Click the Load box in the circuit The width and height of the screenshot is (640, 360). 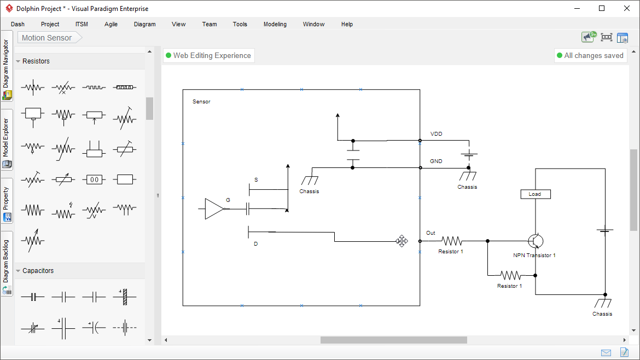(x=535, y=194)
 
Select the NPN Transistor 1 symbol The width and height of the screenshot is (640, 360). (x=536, y=241)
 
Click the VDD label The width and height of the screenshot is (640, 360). (x=436, y=134)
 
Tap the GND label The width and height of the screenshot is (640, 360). (x=436, y=161)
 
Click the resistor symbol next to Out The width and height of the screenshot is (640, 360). (x=452, y=241)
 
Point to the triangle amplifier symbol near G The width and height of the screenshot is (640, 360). (x=214, y=208)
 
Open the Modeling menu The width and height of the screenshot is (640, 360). (x=275, y=24)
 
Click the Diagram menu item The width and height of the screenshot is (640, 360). (x=144, y=24)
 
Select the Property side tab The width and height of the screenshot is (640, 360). (x=7, y=200)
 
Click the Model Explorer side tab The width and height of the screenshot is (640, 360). (x=7, y=140)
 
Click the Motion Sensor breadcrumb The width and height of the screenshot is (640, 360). (x=47, y=38)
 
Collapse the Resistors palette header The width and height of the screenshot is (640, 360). (x=36, y=61)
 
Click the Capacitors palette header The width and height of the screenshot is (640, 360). (x=38, y=271)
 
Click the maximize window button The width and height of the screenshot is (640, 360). (x=602, y=8)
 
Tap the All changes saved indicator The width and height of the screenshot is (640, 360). (x=590, y=55)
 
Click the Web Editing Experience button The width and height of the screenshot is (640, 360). (x=208, y=55)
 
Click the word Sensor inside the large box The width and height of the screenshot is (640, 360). (x=201, y=102)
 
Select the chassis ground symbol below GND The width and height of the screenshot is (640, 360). (x=467, y=176)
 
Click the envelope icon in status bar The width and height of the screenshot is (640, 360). (x=606, y=352)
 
